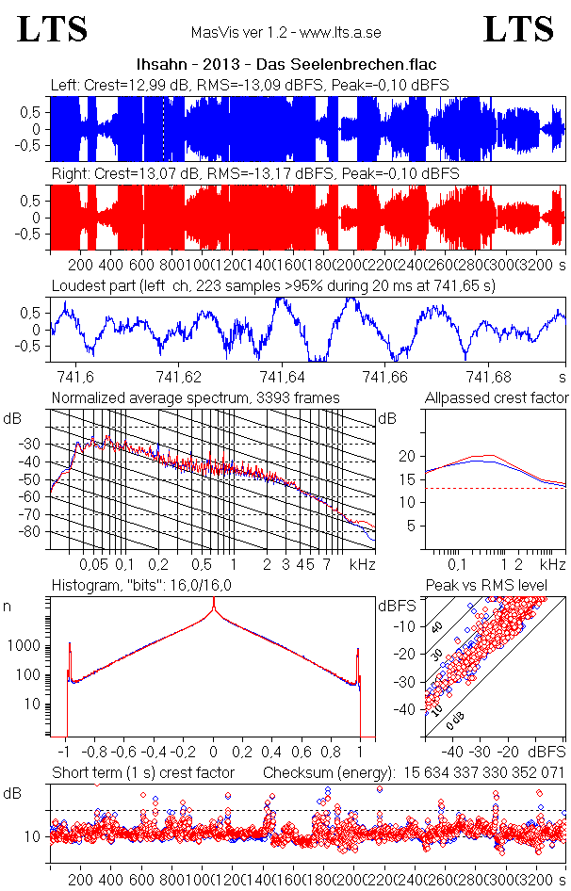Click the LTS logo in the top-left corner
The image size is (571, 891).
point(53,29)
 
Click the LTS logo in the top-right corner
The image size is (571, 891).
point(518,29)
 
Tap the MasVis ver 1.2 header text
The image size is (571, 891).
point(285,32)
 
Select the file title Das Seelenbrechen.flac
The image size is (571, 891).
point(285,64)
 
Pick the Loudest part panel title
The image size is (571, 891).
point(273,284)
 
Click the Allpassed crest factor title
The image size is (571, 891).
point(497,397)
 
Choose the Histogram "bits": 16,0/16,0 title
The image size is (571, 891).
point(142,586)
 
